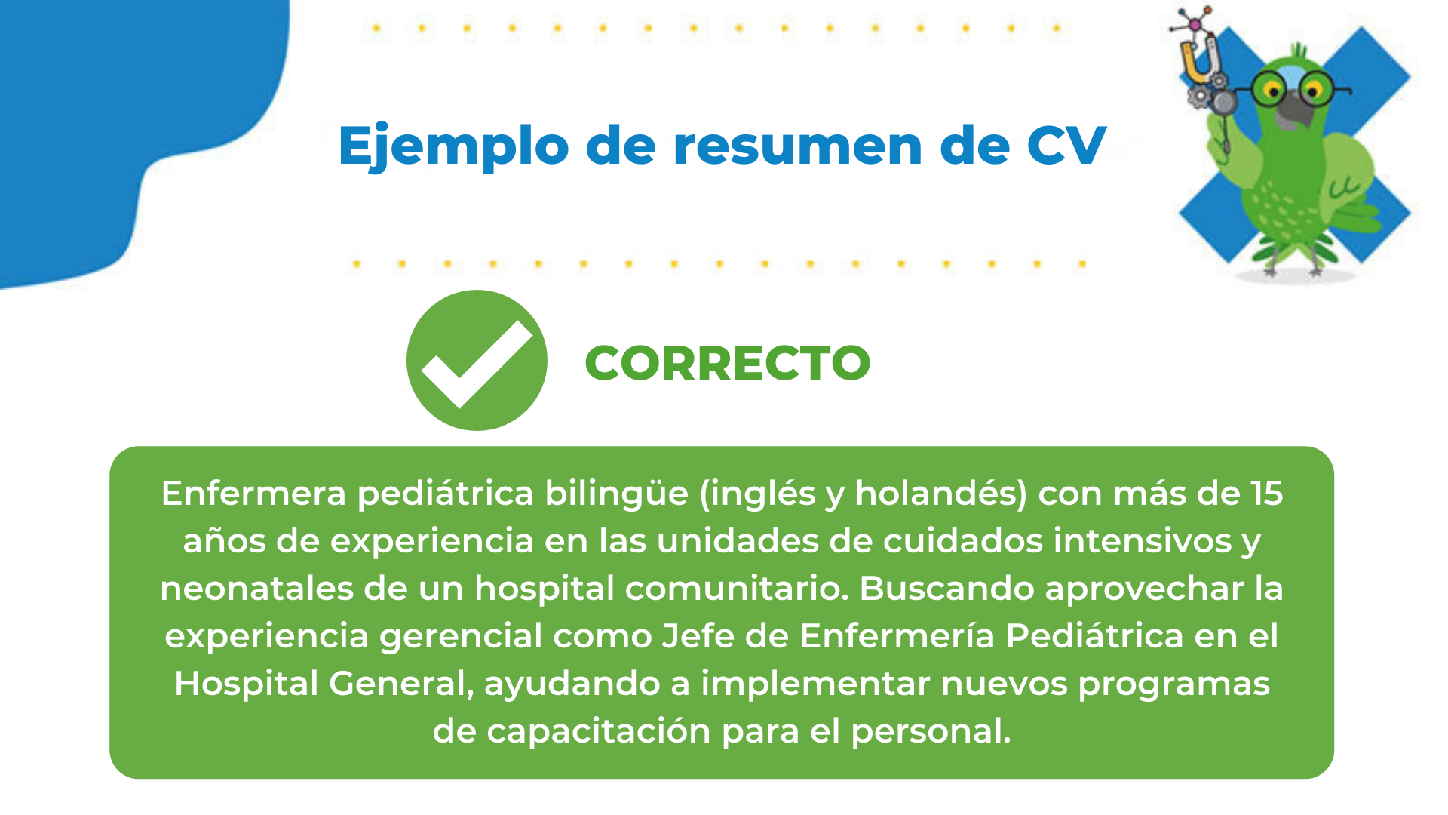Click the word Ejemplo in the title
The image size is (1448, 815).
(x=453, y=146)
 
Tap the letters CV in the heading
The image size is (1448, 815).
(x=1066, y=145)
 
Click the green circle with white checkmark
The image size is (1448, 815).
(x=477, y=360)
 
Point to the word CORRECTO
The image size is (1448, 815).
(x=728, y=363)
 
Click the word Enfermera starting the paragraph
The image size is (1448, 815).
(x=253, y=494)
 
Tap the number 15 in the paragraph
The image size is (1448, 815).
(x=1267, y=494)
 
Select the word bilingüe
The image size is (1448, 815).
(x=617, y=494)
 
